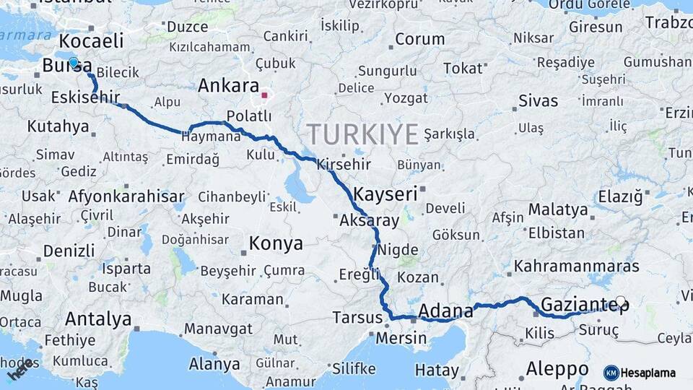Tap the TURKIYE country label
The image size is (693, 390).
362,135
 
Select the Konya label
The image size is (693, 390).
276,244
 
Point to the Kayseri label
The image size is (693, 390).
385,194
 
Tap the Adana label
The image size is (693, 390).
445,311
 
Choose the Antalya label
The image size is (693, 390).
98,319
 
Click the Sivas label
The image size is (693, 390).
538,100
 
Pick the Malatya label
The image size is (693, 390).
557,210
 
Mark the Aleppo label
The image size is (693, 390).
557,369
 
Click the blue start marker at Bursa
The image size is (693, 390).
73,62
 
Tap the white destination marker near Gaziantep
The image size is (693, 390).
620,300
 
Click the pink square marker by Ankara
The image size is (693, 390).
265,95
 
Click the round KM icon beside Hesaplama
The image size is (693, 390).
611,373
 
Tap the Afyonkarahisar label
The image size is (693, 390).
126,196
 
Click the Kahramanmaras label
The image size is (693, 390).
576,266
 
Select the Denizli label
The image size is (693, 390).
69,251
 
